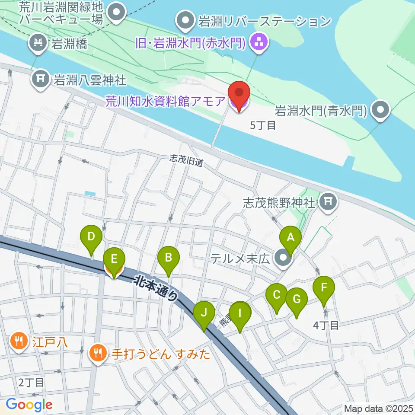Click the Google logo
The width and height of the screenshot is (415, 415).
coord(29,405)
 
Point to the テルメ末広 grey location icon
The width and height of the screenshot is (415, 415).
coord(284,259)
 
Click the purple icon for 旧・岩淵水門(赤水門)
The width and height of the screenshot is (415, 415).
coord(259,42)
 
